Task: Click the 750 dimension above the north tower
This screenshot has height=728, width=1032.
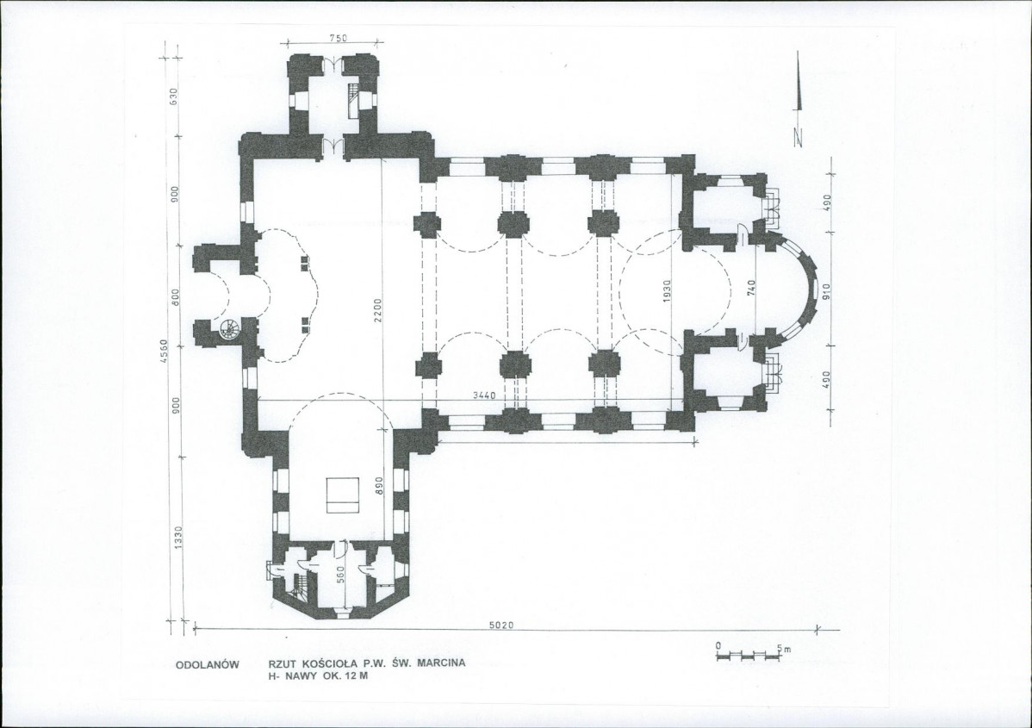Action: pos(338,38)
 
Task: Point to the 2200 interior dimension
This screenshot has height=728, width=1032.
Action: pos(378,309)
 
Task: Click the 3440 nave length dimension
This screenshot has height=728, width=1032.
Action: pos(484,395)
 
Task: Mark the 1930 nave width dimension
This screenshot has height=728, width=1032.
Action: pos(667,291)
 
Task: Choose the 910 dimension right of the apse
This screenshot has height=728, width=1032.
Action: pos(827,290)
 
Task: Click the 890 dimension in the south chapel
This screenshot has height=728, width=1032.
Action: pos(378,486)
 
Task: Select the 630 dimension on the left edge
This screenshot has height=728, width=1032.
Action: pos(174,96)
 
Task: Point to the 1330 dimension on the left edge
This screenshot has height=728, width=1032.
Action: pos(177,538)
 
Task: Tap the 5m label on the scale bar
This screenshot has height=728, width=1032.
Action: pos(784,649)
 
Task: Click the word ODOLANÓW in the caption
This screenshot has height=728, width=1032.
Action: pos(207,665)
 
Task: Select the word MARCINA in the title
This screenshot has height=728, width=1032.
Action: pos(441,663)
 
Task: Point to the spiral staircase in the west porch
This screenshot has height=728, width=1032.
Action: pos(230,329)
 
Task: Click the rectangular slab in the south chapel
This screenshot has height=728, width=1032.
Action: pos(344,495)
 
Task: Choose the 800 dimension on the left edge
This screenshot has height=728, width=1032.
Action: pos(174,298)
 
